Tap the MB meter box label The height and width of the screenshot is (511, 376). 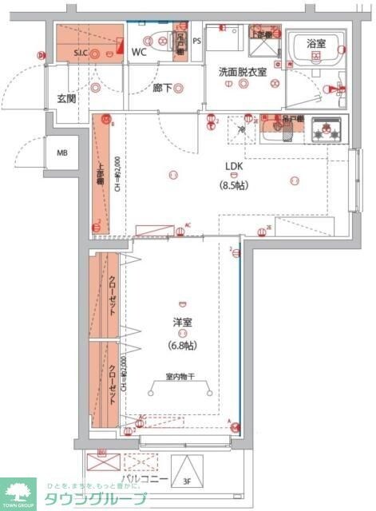[61, 152]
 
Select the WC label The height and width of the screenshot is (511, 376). [139, 53]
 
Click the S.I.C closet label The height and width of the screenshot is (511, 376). [81, 53]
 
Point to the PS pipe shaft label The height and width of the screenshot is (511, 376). [196, 40]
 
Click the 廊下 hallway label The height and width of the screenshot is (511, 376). [163, 88]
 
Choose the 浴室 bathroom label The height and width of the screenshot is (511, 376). [316, 45]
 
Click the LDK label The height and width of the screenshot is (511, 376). [233, 167]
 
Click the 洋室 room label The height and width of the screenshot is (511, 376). [183, 323]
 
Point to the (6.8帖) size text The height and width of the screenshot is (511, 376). [183, 346]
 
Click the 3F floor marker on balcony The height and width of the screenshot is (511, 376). [187, 481]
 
